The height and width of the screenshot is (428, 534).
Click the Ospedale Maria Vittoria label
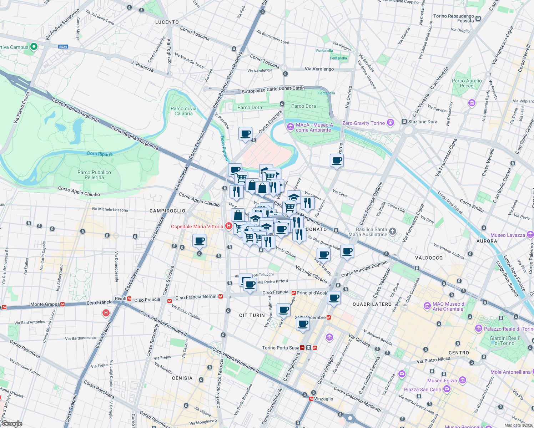pyautogui.click(x=197, y=226)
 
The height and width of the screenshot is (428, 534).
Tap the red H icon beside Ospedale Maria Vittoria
pyautogui.click(x=228, y=226)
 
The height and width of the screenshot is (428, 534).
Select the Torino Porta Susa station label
pyautogui.click(x=281, y=348)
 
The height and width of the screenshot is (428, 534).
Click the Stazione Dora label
pyautogui.click(x=423, y=122)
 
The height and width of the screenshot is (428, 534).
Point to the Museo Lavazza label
pyautogui.click(x=508, y=235)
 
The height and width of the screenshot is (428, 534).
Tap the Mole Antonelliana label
pyautogui.click(x=510, y=372)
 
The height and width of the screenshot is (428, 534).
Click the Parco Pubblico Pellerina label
pyautogui.click(x=94, y=175)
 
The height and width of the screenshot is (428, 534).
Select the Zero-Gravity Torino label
pyautogui.click(x=363, y=123)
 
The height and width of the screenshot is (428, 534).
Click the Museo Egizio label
pyautogui.click(x=442, y=381)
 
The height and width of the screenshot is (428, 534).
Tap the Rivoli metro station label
pyautogui.click(x=120, y=299)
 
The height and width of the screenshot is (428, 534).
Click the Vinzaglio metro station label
pyautogui.click(x=323, y=399)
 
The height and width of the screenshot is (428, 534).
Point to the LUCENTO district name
pyautogui.click(x=167, y=22)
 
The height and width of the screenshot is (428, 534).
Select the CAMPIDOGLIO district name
pyautogui.click(x=167, y=211)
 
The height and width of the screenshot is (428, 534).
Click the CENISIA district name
pyautogui.click(x=182, y=378)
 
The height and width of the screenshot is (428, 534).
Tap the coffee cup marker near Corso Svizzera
pyautogui.click(x=245, y=134)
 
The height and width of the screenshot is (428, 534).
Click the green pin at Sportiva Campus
pyautogui.click(x=34, y=47)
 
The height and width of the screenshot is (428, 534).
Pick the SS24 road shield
pyautogui.click(x=63, y=47)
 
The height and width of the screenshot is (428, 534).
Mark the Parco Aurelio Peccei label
pyautogui.click(x=467, y=83)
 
